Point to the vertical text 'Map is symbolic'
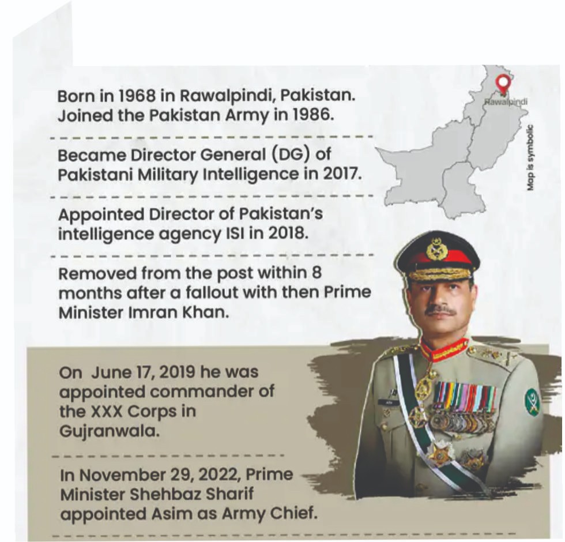530,157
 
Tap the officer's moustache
441,310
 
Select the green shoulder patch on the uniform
532,402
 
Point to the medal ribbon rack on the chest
465,398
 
